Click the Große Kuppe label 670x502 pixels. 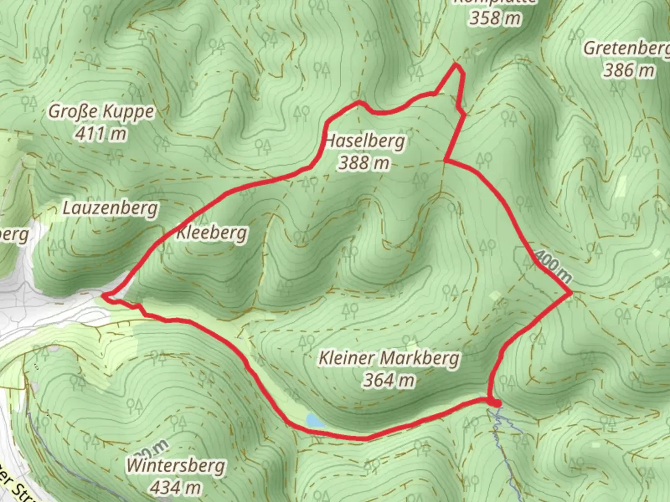tap(101, 112)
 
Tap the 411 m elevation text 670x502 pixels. tap(101, 134)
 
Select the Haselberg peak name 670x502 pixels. tap(365, 140)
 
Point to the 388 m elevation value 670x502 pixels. tap(364, 163)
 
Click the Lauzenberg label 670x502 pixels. tap(110, 208)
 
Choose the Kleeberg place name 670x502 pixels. tap(211, 232)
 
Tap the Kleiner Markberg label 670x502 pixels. tap(389, 358)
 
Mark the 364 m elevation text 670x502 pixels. tap(389, 380)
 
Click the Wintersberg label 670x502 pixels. tap(176, 465)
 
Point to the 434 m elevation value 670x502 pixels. tap(176, 487)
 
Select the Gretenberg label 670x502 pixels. tap(626, 48)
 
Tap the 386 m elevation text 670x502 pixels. tap(629, 70)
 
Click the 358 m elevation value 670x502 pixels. tap(495, 18)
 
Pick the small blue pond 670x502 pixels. tap(315, 421)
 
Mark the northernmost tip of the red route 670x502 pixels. tap(456, 66)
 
